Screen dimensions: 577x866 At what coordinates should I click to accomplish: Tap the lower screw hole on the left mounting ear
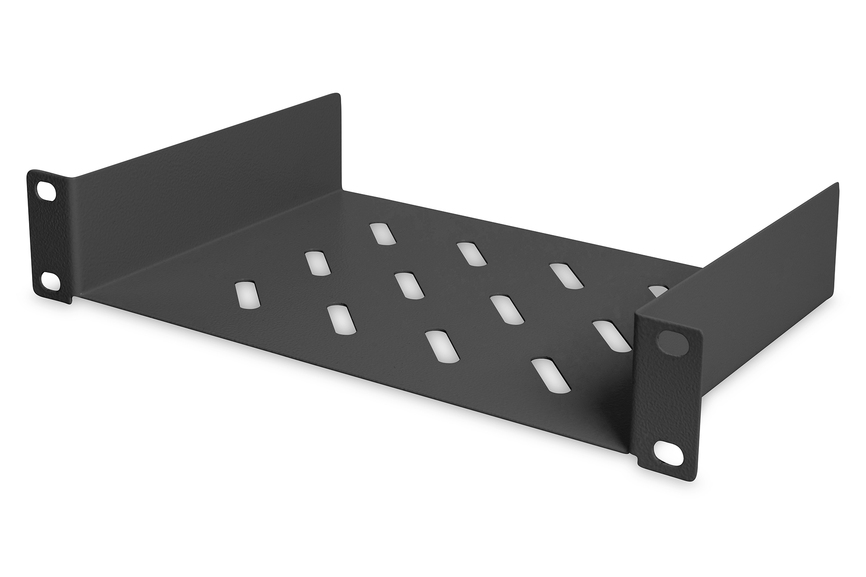point(50,280)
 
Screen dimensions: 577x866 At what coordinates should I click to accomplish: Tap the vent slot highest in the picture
point(382,234)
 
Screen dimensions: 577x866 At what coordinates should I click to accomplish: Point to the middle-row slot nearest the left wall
point(318,263)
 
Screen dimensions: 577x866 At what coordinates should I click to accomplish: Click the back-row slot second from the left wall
point(471,254)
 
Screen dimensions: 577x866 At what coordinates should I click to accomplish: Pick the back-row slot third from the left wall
point(566,275)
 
